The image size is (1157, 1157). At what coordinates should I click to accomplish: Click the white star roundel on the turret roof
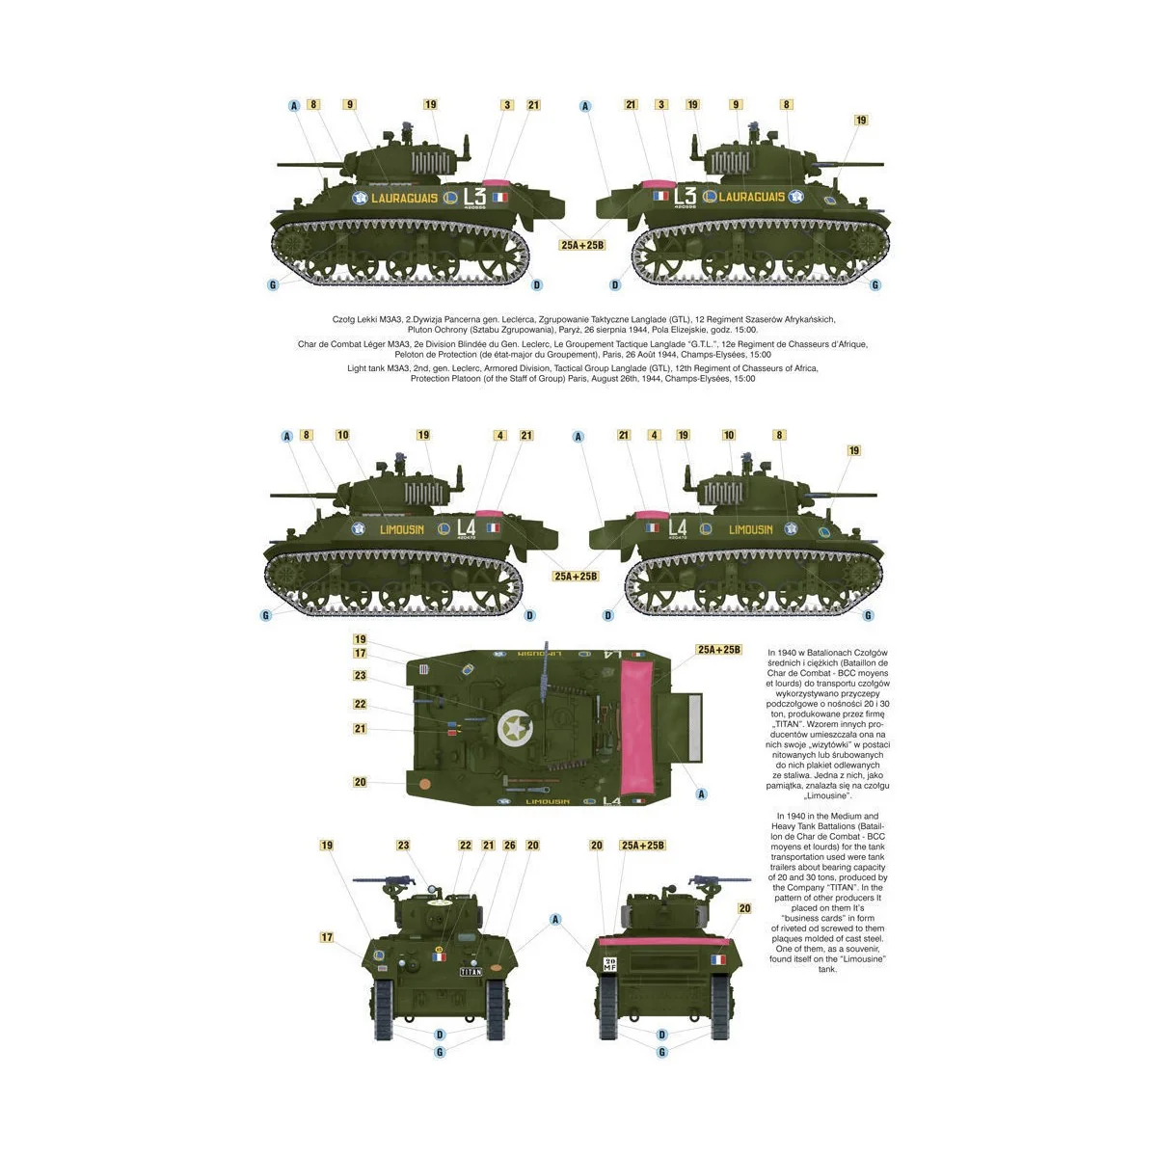(513, 728)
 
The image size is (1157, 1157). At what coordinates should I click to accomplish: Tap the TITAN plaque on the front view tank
(471, 971)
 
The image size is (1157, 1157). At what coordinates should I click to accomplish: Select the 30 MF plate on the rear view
(609, 964)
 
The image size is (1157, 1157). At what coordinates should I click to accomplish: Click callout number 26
(509, 846)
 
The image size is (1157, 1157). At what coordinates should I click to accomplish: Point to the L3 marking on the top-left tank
(473, 196)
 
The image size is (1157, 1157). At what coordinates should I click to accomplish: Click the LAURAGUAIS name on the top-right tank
(751, 197)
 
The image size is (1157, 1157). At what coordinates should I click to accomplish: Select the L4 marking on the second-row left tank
(467, 527)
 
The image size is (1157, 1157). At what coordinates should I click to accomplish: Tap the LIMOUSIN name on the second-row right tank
(750, 529)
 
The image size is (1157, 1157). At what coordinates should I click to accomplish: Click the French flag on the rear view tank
(718, 959)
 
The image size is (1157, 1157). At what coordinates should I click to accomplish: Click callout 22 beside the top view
(360, 705)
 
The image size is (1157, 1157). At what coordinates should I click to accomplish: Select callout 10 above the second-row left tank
(342, 436)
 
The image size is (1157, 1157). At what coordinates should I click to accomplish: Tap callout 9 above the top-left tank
(349, 105)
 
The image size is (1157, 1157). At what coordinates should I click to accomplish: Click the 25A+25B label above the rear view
(643, 846)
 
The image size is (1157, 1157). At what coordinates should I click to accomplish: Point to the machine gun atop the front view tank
(386, 880)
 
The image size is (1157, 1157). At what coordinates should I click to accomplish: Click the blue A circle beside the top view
(701, 794)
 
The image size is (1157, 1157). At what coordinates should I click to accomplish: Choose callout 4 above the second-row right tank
(654, 436)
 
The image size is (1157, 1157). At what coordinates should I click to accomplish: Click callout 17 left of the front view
(327, 937)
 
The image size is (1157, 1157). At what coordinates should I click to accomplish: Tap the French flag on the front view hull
(440, 957)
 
